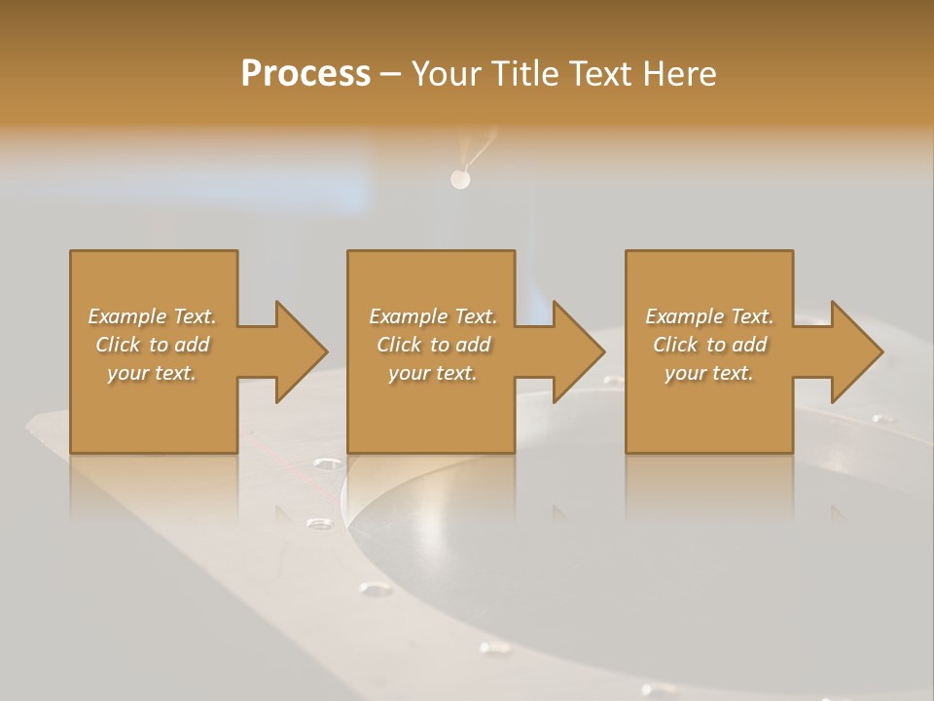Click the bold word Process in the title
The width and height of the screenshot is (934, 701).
[305, 74]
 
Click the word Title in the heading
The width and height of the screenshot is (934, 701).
[522, 74]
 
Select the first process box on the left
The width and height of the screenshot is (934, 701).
[154, 409]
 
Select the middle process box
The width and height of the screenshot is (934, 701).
[431, 409]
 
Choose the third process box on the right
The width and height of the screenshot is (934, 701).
[709, 409]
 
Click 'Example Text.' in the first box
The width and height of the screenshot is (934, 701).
[152, 316]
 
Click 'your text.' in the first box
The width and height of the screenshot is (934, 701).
[152, 373]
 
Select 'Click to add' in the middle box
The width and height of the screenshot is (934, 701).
[433, 345]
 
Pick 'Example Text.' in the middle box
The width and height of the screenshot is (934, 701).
[433, 316]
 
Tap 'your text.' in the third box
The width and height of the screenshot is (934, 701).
[709, 373]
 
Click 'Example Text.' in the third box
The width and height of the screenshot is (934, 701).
[709, 316]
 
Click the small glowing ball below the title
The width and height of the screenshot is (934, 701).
[459, 179]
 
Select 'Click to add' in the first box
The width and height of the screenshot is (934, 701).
[152, 345]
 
